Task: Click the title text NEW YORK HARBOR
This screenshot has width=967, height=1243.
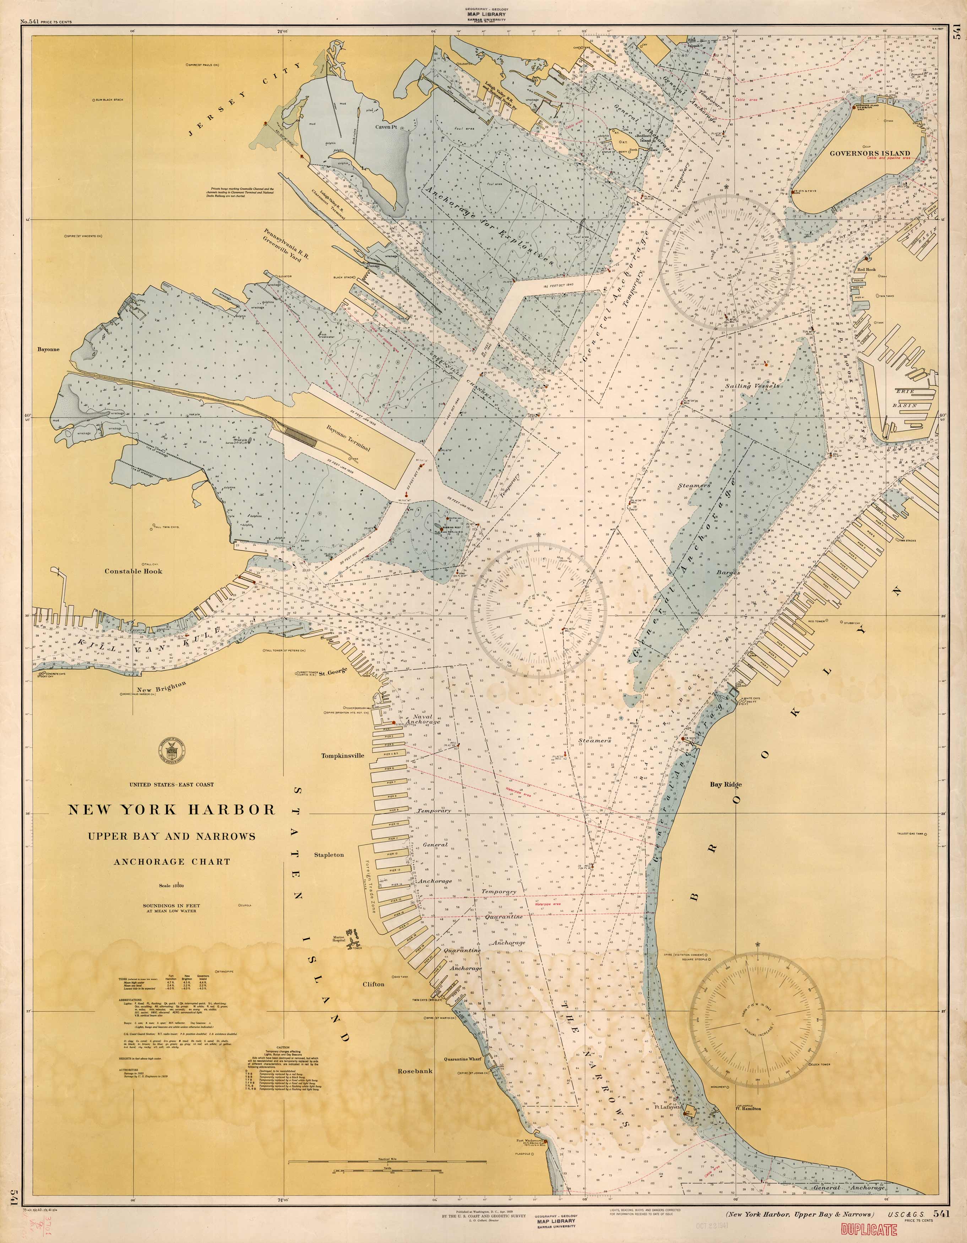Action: [172, 809]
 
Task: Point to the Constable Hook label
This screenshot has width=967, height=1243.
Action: [133, 571]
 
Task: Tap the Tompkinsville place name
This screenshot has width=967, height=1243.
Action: [343, 756]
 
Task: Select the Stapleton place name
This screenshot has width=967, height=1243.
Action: [329, 855]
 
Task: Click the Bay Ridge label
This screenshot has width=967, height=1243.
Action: [726, 784]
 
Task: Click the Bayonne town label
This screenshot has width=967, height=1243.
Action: [48, 349]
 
